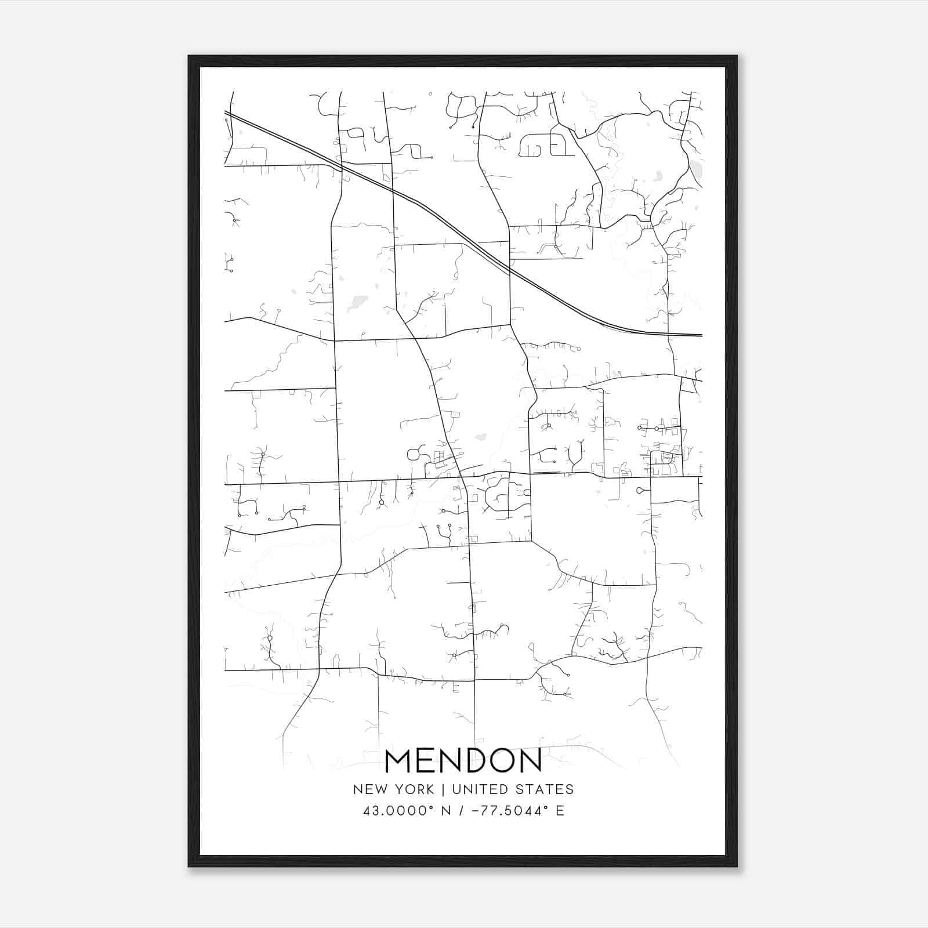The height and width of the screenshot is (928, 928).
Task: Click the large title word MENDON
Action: coord(463,760)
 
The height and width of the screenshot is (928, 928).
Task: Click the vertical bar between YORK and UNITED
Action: coord(443,789)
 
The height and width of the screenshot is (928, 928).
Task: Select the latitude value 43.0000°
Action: coord(398,811)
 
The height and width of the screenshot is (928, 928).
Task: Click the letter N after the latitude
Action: coord(447,811)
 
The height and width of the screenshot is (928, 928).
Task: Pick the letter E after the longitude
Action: coord(560,811)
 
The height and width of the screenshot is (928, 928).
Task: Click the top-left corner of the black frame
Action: coord(190,57)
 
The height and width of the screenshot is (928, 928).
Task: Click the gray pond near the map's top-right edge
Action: coord(695,169)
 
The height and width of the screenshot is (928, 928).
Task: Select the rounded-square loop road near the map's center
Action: coord(414,454)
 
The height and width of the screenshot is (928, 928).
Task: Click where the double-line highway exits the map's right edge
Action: coord(701,335)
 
